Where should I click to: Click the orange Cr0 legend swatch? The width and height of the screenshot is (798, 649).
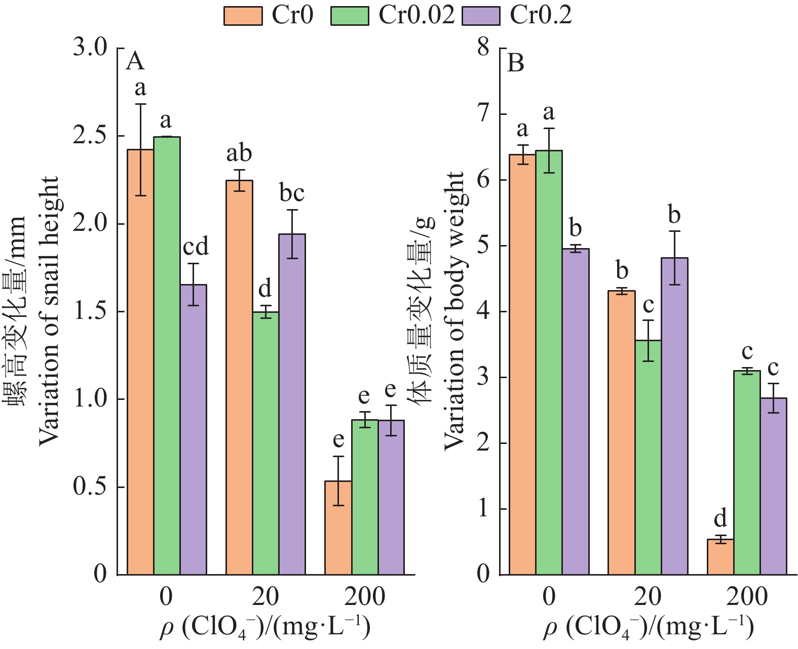pos(243,16)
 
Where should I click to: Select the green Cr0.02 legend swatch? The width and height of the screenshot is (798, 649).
pos(350,16)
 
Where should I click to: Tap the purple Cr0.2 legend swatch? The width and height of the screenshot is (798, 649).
pos(481,16)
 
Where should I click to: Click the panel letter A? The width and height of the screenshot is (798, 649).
pos(135,62)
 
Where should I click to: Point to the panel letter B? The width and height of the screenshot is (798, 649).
pos(515,64)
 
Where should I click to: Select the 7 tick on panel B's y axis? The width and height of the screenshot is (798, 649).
pos(483,114)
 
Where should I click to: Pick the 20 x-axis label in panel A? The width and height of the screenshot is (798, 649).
pos(265,597)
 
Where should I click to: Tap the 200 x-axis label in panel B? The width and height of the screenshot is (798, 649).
pos(747,597)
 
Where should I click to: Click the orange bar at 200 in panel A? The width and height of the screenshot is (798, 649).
pos(338,528)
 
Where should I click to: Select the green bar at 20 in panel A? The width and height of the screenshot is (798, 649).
pos(265,443)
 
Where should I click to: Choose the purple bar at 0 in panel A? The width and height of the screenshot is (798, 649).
pos(193,429)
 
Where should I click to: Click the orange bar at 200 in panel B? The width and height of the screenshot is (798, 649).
pos(720,557)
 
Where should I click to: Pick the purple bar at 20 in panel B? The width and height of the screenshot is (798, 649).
pos(674,416)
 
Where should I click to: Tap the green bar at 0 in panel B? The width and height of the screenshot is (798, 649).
pos(549,362)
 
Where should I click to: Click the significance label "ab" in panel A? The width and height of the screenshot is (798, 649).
pos(239,153)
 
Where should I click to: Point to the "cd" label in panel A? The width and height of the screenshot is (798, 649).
pos(196,247)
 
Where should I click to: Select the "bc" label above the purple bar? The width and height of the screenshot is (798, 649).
pos(292,193)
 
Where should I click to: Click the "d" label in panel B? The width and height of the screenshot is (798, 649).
pos(720,519)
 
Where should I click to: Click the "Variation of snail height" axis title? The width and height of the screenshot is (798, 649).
pos(49,311)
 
